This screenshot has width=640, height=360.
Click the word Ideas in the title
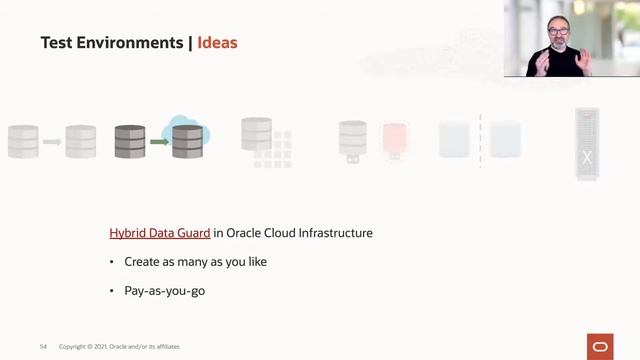[217, 43]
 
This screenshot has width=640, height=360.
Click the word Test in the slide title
[57, 43]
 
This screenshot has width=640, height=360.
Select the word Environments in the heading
[134, 43]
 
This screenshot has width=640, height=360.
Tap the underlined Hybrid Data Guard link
[160, 233]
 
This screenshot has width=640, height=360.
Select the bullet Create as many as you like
[196, 261]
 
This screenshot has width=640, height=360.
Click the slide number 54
[43, 346]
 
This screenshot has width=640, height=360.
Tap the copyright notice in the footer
[120, 346]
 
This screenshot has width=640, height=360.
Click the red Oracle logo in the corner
[600, 345]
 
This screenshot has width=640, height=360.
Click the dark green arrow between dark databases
[159, 142]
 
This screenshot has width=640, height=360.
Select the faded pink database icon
[394, 141]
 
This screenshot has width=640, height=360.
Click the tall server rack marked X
[586, 145]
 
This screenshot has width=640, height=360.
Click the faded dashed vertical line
[480, 140]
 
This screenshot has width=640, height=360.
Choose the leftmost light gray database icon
[23, 141]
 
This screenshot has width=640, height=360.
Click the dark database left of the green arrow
[130, 141]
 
